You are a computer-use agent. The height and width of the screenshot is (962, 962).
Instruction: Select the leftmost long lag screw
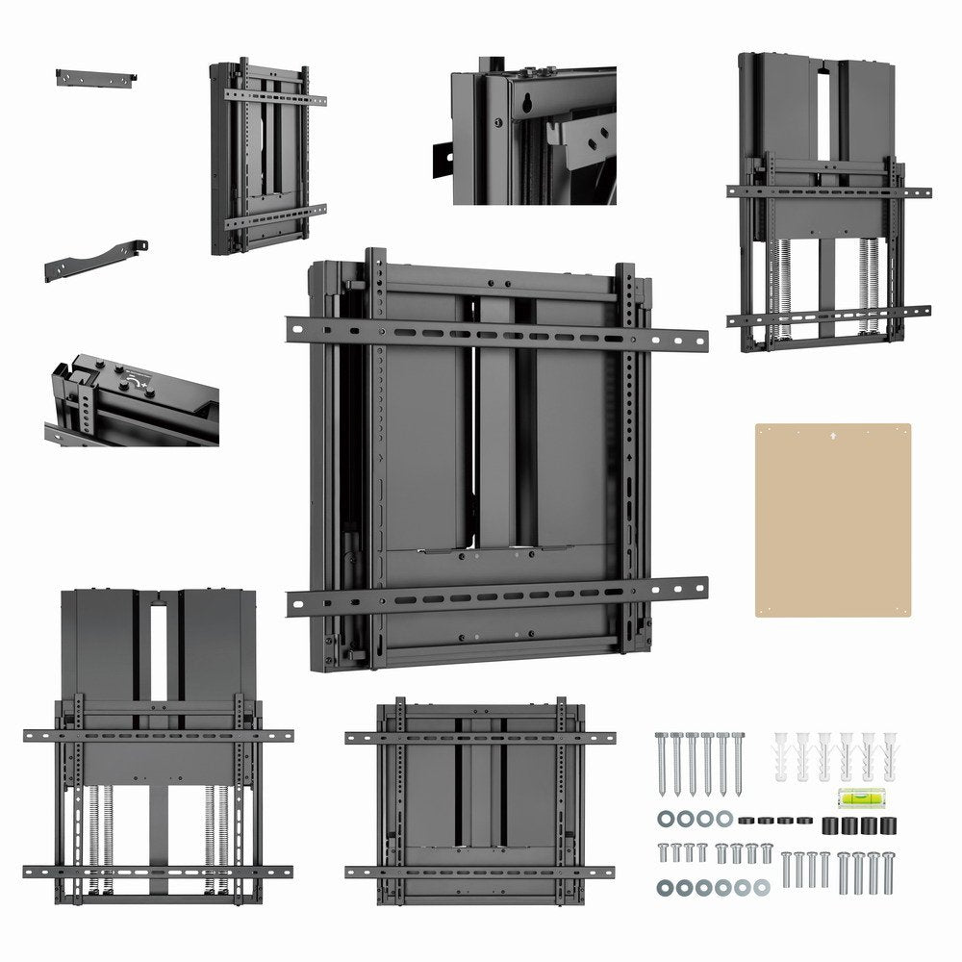(662, 761)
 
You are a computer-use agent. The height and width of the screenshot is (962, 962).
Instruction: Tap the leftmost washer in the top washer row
(663, 819)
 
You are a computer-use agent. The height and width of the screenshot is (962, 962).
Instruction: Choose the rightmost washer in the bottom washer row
(762, 885)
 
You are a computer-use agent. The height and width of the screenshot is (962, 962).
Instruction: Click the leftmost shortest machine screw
(663, 852)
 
